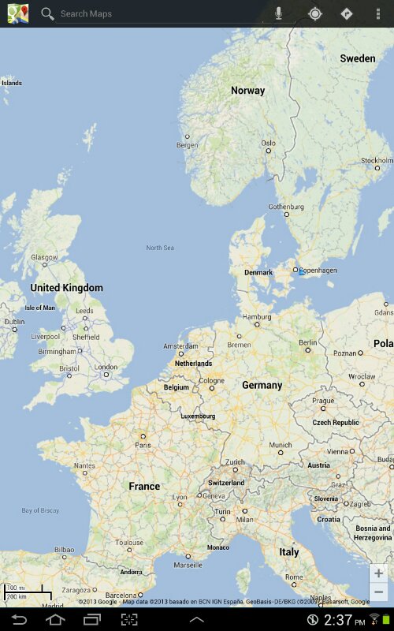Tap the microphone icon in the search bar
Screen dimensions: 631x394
(x=278, y=13)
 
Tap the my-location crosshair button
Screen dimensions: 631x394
(x=315, y=13)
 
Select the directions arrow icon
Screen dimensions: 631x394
(x=346, y=13)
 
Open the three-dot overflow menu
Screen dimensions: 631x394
(x=378, y=13)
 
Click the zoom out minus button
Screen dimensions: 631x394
(x=379, y=592)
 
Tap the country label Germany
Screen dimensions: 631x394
(x=262, y=386)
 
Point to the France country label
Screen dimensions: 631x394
(x=144, y=487)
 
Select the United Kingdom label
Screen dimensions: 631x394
(x=66, y=288)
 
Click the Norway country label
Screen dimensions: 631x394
(x=247, y=91)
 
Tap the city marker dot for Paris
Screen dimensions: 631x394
(x=143, y=436)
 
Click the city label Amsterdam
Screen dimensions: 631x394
(x=180, y=346)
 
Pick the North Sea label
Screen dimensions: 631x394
(x=159, y=248)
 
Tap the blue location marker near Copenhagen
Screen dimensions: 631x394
(x=301, y=271)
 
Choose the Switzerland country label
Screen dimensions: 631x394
(x=226, y=483)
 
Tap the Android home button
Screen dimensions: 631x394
(x=55, y=620)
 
